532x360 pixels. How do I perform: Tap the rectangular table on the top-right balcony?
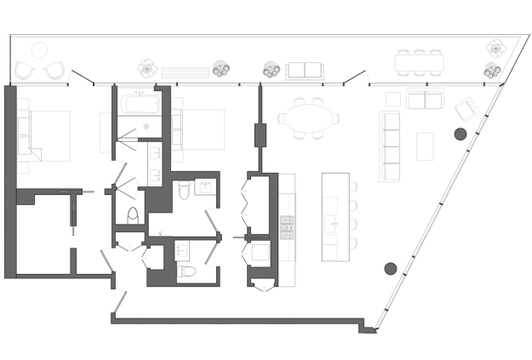tap(420, 61)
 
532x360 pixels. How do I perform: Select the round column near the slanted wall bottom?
tap(391, 268)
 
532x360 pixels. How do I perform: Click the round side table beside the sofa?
tap(460, 134)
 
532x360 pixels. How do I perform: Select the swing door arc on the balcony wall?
tap(362, 78)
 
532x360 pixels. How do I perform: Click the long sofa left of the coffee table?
tap(390, 149)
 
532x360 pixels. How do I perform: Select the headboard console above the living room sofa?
tap(419, 100)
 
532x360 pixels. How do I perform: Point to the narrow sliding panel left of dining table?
tap(260, 134)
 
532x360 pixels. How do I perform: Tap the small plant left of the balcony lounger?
tap(269, 69)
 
